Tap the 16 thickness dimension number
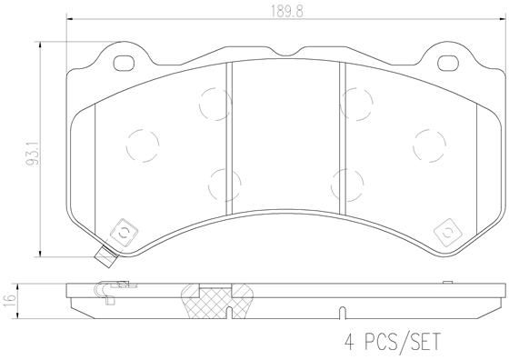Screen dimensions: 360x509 click(9, 299)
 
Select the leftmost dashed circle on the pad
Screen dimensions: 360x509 click(140, 142)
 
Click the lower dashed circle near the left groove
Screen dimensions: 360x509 click(222, 183)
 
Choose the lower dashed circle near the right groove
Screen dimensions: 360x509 click(346, 183)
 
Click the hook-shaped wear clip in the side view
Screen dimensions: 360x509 click(103, 293)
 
